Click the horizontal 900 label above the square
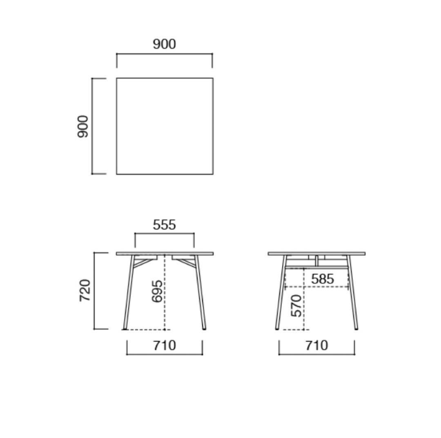point(165,44)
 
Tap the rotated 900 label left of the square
point(83,126)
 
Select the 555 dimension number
point(164,225)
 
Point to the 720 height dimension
point(85,291)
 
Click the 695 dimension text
point(157,291)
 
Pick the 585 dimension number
point(322,279)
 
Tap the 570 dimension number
point(297,306)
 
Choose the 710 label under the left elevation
point(164,345)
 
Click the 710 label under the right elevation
point(316,345)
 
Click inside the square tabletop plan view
point(165,126)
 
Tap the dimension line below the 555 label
point(164,233)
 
